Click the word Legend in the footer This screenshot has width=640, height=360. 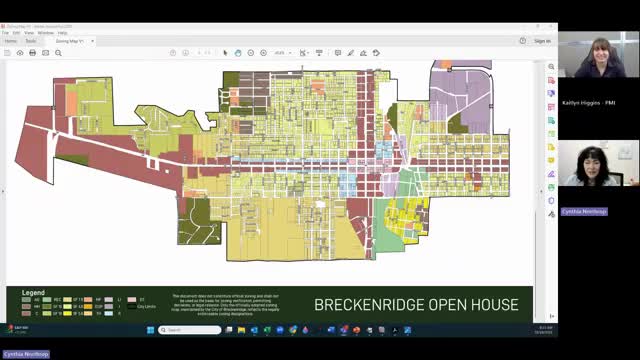point(34,293)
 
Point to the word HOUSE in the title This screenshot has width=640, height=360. point(493,304)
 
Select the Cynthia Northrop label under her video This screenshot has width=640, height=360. point(582,211)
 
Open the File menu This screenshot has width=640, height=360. point(6,33)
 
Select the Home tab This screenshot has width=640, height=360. point(10,41)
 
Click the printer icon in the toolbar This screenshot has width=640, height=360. point(33,52)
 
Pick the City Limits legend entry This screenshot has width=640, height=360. point(146,306)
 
